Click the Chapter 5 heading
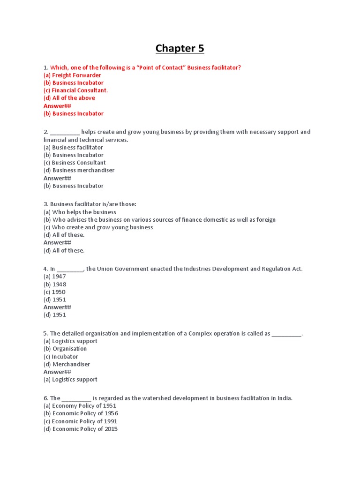click(180, 49)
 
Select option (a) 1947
click(55, 277)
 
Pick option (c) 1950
click(54, 292)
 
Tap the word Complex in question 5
click(200, 333)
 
